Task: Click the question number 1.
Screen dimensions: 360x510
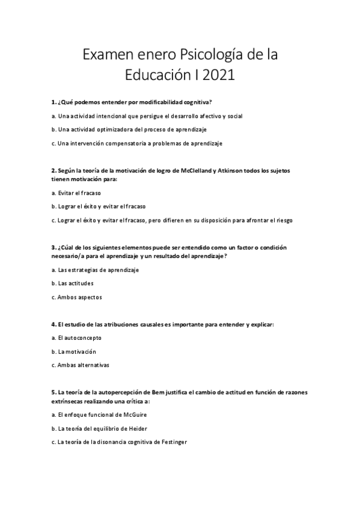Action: click(53, 103)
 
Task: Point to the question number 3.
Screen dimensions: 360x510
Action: click(53, 247)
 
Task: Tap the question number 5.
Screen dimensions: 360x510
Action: click(53, 392)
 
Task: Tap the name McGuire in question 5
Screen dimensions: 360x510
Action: click(134, 415)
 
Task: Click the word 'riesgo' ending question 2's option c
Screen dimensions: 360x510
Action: click(284, 220)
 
